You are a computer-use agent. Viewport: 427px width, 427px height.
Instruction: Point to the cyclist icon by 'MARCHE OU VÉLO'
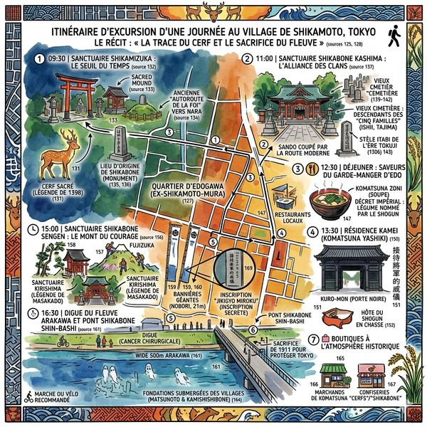point(29,396)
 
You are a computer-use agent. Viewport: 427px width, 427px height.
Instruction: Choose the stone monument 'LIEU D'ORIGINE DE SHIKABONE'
point(120,146)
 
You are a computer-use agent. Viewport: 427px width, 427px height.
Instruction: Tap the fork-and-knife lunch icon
point(312,169)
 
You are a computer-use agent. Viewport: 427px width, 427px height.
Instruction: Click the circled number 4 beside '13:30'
point(312,231)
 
